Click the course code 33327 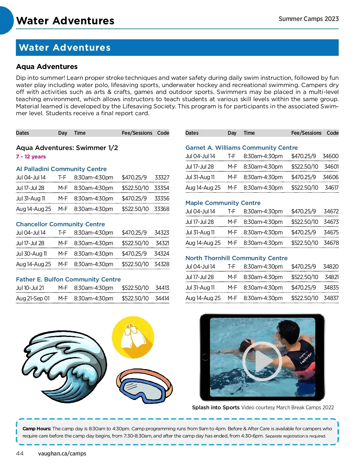(x=162, y=178)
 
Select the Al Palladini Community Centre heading (x=61, y=169)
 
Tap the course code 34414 (x=162, y=299)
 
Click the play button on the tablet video (x=262, y=361)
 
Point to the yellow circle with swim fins (x=133, y=338)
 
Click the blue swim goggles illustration (x=144, y=386)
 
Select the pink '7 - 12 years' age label (x=31, y=157)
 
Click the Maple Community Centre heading (x=223, y=203)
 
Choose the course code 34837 (x=331, y=298)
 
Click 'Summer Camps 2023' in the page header (x=308, y=19)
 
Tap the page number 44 (x=20, y=453)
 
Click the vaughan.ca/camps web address (x=62, y=453)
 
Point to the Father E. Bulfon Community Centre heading (x=68, y=279)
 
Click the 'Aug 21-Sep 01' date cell (x=33, y=299)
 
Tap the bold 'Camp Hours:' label (x=37, y=428)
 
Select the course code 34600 (x=330, y=156)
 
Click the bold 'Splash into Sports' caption (x=216, y=407)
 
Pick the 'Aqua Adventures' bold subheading (x=47, y=67)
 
